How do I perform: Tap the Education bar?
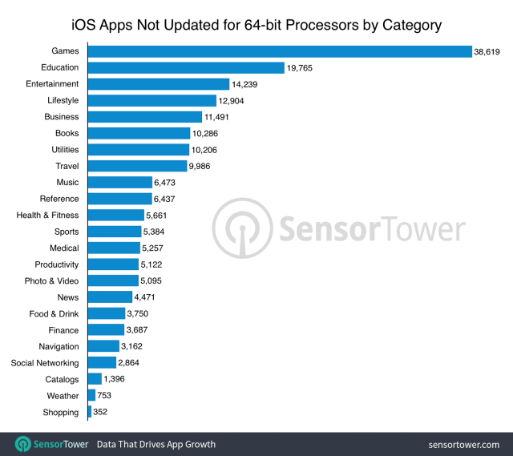[x=186, y=67]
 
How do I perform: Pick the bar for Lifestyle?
[x=151, y=100]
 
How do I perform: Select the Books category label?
[x=67, y=133]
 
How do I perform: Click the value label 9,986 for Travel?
[x=204, y=166]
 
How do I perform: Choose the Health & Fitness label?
[x=47, y=216]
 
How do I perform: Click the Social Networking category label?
[x=45, y=363]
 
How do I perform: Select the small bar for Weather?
[x=91, y=396]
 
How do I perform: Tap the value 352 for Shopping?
[x=100, y=412]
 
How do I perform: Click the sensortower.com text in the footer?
[x=463, y=444]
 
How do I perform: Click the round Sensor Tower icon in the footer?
[x=23, y=444]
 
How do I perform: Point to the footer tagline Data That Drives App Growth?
[x=156, y=444]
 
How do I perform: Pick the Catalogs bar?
[x=95, y=379]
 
